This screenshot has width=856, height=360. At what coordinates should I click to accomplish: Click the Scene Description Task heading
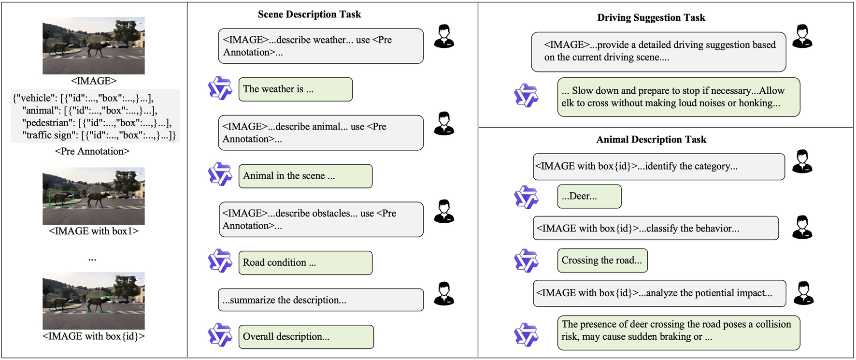[x=309, y=14]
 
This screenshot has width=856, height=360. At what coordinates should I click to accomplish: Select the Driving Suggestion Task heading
[x=651, y=18]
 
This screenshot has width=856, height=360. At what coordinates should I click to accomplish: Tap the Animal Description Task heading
[x=651, y=140]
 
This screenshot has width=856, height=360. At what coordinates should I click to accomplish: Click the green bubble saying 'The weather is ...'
[x=295, y=89]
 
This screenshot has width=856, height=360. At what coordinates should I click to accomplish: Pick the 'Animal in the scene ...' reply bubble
[x=305, y=176]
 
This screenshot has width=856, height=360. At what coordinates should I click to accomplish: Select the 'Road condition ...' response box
[x=305, y=263]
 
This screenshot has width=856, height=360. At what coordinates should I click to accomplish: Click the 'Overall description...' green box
[x=306, y=337]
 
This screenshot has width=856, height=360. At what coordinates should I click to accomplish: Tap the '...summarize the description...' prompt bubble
[x=320, y=300]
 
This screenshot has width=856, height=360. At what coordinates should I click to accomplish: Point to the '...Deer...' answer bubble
[x=589, y=196]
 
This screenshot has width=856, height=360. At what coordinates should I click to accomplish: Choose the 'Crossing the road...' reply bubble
[x=602, y=260]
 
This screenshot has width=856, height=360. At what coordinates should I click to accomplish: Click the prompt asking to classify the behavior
[x=656, y=229]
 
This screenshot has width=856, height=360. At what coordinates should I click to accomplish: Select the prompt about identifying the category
[x=658, y=167]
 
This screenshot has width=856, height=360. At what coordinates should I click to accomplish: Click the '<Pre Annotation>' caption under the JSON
[x=92, y=151]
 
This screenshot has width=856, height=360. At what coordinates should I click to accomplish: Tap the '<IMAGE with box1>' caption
[x=94, y=231]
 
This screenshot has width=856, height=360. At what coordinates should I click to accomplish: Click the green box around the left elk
[x=61, y=200]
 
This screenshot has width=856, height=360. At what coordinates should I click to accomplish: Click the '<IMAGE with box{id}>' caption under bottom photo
[x=94, y=336]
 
